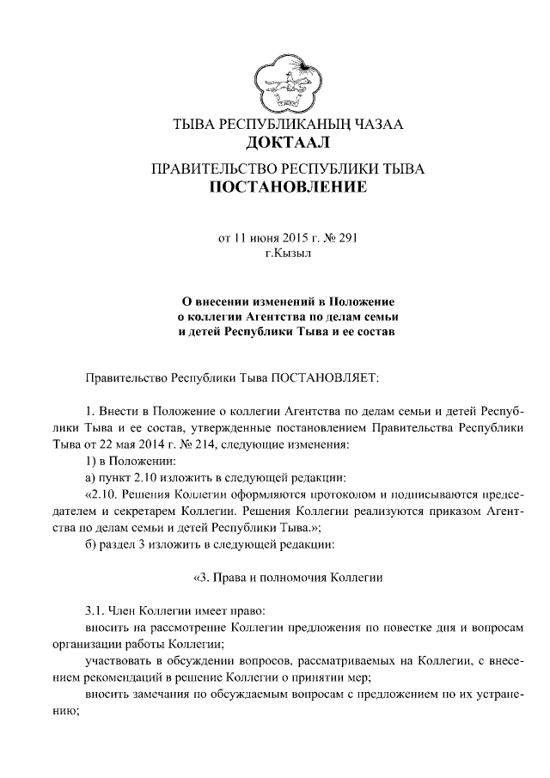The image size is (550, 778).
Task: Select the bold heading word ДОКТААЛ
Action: (288, 142)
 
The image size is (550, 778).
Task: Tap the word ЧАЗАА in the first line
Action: (375, 124)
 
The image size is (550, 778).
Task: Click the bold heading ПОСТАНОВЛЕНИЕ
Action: (288, 186)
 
